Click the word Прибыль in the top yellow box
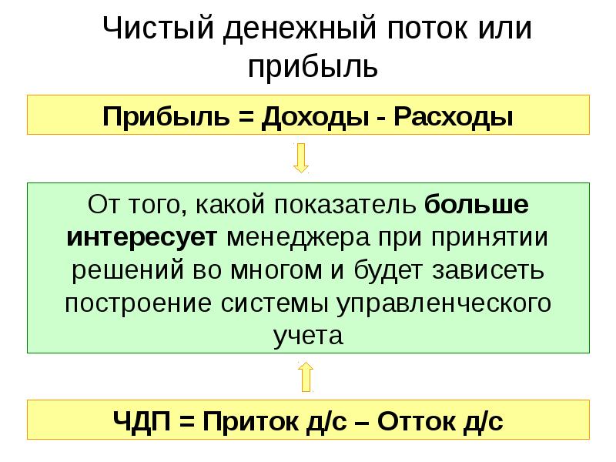pyautogui.click(x=154, y=117)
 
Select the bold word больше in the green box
pyautogui.click(x=477, y=206)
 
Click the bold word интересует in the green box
pyautogui.click(x=145, y=238)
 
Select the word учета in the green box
pyautogui.click(x=306, y=335)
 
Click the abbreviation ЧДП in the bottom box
pyautogui.click(x=140, y=420)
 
